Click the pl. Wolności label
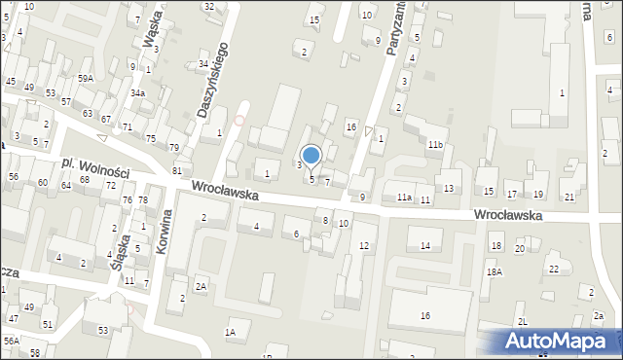(x=94, y=169)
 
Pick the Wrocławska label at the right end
(x=507, y=215)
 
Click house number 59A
(x=86, y=77)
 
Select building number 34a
(x=138, y=93)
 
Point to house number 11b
(x=434, y=145)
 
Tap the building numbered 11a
(x=404, y=198)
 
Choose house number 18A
(x=495, y=272)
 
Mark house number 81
(x=177, y=171)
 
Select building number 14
(x=424, y=245)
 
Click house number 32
(x=209, y=7)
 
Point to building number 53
(x=102, y=331)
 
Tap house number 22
(x=553, y=269)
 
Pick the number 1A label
(x=231, y=333)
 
